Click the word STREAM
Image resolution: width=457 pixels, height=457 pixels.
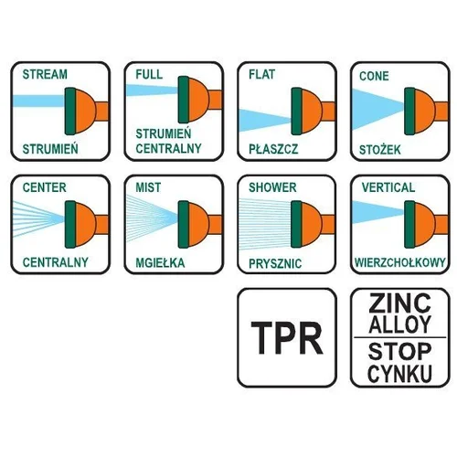click(x=45, y=74)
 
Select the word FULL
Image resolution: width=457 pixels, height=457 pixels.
click(x=149, y=74)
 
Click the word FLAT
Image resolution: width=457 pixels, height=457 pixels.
click(x=261, y=74)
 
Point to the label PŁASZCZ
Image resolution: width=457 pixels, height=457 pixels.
click(x=273, y=149)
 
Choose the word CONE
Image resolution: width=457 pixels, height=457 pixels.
click(x=374, y=76)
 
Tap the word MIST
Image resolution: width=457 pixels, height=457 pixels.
click(x=148, y=187)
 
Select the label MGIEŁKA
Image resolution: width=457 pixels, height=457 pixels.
click(x=160, y=262)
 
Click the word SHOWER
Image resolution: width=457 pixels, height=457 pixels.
click(x=272, y=187)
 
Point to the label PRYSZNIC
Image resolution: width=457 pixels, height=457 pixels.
click(x=275, y=263)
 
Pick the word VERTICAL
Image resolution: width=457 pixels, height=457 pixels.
click(x=388, y=187)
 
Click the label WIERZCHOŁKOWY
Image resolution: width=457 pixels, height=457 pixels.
click(x=400, y=262)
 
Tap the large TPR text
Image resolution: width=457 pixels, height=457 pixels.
click(x=286, y=338)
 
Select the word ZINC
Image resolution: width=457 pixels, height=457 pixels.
click(x=399, y=303)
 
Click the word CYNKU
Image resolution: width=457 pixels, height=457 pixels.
click(x=399, y=374)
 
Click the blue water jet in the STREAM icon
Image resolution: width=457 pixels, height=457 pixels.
click(x=38, y=101)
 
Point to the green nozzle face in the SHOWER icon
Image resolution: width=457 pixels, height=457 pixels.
click(x=296, y=224)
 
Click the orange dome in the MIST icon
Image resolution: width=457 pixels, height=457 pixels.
click(x=198, y=224)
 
